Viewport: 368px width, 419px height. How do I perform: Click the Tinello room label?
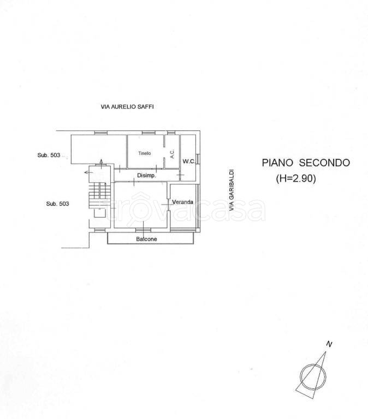[145, 153]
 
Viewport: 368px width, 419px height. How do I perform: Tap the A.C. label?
[172, 154]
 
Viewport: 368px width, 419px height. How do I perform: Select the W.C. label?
[189, 161]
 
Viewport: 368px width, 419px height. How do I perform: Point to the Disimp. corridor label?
[146, 176]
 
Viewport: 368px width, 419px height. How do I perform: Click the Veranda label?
[183, 202]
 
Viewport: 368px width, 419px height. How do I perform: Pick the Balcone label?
[146, 239]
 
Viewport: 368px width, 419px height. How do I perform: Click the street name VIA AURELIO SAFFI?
[127, 107]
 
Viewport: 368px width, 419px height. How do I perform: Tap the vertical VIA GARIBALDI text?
[232, 189]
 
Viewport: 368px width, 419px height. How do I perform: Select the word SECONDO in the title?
[324, 163]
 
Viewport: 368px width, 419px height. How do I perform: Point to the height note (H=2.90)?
[296, 178]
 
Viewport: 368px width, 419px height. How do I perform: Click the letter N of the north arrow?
[329, 344]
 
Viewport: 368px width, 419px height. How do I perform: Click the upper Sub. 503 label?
[49, 155]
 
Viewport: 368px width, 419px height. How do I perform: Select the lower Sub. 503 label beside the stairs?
[57, 203]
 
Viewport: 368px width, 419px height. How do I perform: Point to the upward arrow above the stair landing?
[102, 164]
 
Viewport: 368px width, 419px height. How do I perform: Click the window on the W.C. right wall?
[198, 159]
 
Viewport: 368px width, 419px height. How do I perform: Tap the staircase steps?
[99, 195]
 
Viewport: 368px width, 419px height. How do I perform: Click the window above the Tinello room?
[149, 133]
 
